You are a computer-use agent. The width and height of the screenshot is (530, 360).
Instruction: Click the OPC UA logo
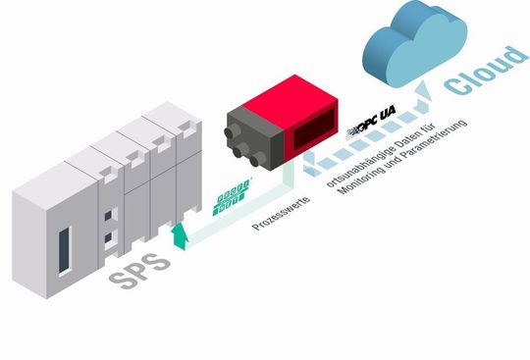pos(375,129)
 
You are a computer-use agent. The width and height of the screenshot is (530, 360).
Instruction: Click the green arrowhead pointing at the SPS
pos(179,232)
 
